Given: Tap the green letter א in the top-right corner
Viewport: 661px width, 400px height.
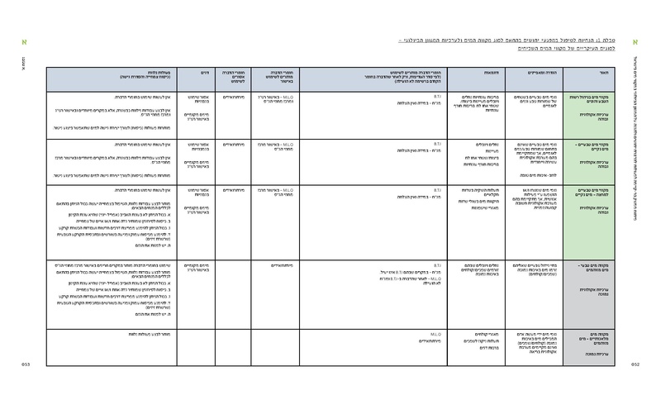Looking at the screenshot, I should pyautogui.click(x=635, y=40).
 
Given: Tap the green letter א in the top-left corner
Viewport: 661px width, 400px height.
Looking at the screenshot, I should pyautogui.click(x=25, y=40).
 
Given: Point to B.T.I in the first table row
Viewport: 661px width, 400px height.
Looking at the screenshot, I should pyautogui.click(x=439, y=96).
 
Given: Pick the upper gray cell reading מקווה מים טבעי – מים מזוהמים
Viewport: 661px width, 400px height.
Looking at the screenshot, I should pyautogui.click(x=592, y=282).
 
